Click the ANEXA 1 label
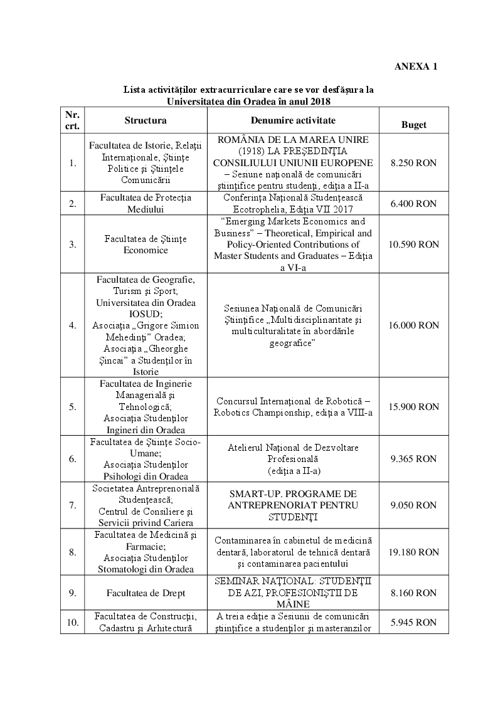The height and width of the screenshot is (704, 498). (416, 66)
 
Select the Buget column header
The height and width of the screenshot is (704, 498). (413, 124)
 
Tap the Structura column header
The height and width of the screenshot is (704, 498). (146, 120)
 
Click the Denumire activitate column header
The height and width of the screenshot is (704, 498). (293, 120)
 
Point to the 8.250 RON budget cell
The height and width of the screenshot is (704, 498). (413, 162)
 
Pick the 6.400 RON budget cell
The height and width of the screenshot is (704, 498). (413, 203)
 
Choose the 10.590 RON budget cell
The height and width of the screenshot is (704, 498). (413, 244)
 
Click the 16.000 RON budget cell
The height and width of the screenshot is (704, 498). (413, 325)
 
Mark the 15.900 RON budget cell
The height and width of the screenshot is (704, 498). (413, 406)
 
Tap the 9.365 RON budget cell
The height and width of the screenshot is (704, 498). (413, 458)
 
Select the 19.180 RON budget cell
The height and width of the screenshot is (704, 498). (413, 552)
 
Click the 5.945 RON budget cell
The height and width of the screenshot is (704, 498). (413, 623)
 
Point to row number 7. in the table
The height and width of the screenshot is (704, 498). (72, 505)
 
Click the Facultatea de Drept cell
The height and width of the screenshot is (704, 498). (146, 592)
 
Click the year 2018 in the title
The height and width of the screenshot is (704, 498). (319, 100)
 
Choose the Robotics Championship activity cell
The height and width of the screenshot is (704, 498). (293, 406)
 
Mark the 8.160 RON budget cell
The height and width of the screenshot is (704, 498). (413, 592)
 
